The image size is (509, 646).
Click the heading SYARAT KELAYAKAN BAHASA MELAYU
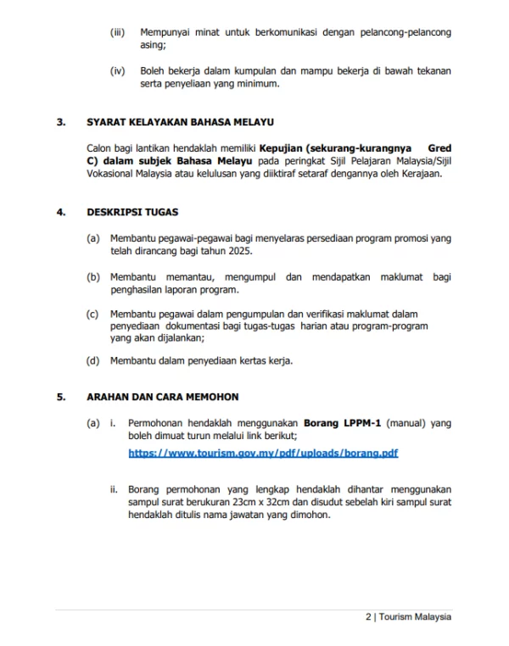(x=180, y=122)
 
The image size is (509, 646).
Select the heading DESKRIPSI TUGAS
(x=132, y=212)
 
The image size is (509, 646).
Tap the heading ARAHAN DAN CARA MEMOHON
(x=162, y=397)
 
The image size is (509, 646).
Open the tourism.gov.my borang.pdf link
(x=263, y=454)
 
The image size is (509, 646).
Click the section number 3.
(x=60, y=122)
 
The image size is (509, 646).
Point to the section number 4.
(x=60, y=212)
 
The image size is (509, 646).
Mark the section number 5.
(x=60, y=397)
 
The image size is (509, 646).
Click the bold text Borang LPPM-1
(x=344, y=422)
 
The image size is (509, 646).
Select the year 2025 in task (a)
(x=238, y=252)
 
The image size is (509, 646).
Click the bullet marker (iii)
(x=118, y=32)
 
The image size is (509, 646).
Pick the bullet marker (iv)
(x=118, y=71)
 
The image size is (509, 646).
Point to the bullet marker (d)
(x=93, y=360)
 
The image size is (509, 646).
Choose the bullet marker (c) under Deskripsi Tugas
(x=93, y=314)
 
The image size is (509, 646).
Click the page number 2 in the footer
(x=368, y=617)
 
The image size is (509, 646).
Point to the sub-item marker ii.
(x=114, y=489)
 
